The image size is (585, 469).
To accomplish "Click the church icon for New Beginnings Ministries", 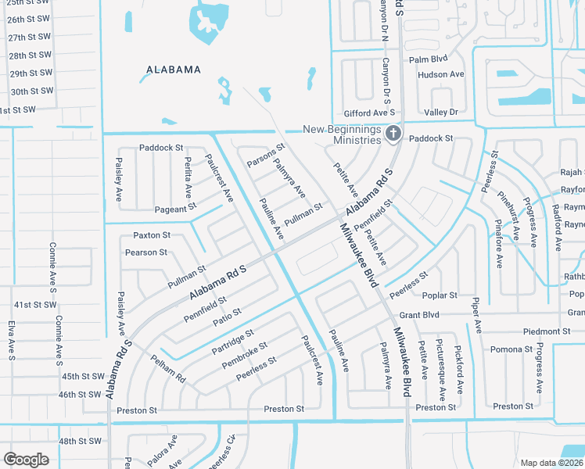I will pos(393,134).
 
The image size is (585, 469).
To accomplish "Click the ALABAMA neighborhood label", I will pos(174,70).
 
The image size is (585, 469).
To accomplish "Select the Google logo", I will pos(26,459).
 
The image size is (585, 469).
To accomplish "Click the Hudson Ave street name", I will pos(441,75).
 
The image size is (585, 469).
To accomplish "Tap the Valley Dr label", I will pos(442,113).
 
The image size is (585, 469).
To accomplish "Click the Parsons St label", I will pos(266,155).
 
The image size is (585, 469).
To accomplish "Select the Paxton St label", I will pos(152,235).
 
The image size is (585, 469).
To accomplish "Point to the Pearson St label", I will pos(146,253).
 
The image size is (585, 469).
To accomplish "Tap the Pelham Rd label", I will pos(169,367).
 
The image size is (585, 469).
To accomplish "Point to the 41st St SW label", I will pos(35,305).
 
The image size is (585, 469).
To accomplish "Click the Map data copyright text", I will pos(551,462).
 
